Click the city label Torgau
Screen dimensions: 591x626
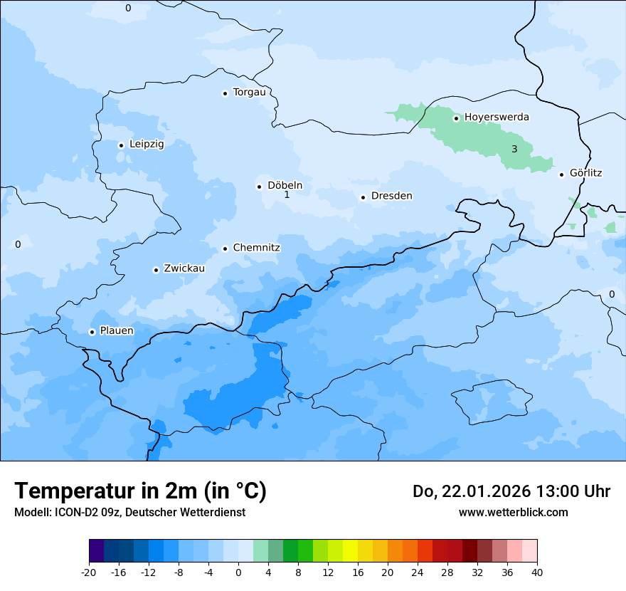(249, 93)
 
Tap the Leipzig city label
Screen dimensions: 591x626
(147, 144)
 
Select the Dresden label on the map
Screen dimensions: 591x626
(391, 196)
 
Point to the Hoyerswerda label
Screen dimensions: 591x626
(497, 117)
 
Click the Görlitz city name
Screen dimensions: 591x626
(585, 173)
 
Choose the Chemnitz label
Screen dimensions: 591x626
(256, 248)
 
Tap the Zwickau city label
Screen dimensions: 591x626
(184, 268)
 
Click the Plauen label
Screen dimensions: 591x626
(117, 330)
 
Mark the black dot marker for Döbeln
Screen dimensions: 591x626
(259, 187)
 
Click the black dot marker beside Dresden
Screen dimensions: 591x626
(363, 197)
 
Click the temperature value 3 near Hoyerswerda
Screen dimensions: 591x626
(514, 149)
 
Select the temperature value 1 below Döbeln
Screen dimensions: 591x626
(287, 194)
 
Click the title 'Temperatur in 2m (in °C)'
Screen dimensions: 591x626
(140, 491)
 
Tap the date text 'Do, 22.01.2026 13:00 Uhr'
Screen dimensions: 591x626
(511, 491)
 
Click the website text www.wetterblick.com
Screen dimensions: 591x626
(513, 512)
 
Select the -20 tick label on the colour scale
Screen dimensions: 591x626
(89, 572)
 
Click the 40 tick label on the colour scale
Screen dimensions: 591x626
(537, 572)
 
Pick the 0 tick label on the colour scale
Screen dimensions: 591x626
(238, 572)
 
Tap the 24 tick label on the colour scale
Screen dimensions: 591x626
(418, 572)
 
